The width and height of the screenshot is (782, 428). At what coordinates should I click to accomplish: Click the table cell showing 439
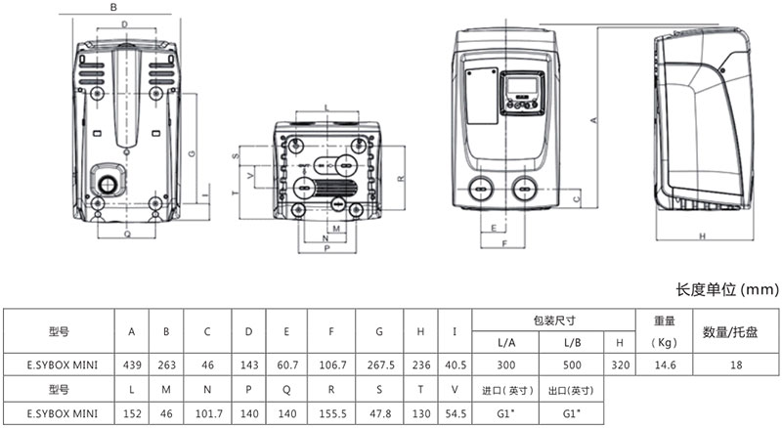coord(132,364)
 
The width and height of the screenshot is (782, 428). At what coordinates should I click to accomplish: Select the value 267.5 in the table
coord(378,364)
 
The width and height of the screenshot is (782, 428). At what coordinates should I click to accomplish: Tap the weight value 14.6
coord(665,364)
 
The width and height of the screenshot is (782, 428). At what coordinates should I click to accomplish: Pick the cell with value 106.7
coord(332,364)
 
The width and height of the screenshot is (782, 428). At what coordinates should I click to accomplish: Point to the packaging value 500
coord(572,364)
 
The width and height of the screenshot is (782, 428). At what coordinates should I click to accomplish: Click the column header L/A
coord(507,342)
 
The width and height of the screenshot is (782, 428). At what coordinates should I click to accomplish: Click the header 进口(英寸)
coord(507,389)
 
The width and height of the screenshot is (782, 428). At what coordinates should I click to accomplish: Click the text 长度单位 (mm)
coord(724,290)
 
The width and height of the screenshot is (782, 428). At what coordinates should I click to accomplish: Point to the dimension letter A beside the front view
coord(593,119)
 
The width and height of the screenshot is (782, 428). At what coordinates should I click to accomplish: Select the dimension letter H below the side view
coord(702,236)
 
